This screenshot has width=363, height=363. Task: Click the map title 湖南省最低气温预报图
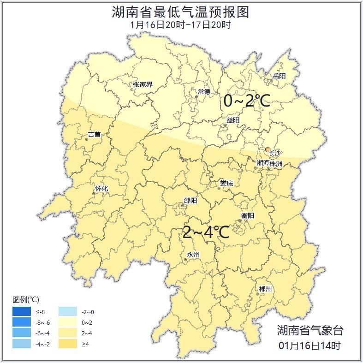(181, 12)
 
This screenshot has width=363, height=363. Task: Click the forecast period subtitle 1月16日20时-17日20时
(181, 25)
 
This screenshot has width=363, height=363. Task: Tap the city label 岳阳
(279, 76)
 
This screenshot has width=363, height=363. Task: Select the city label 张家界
(143, 84)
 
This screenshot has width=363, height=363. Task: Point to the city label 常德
(204, 91)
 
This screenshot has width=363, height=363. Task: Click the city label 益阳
(233, 120)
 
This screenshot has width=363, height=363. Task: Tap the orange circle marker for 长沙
(268, 149)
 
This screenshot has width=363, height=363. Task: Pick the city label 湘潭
(263, 163)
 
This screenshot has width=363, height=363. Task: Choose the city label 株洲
(276, 163)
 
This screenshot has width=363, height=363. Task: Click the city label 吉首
(94, 135)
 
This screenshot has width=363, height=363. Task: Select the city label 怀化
(101, 189)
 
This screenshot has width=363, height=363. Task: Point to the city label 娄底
(226, 183)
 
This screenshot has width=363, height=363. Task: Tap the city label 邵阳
(190, 200)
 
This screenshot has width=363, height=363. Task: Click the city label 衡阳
(248, 215)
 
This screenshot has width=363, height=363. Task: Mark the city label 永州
(193, 255)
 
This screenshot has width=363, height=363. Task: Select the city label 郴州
(265, 289)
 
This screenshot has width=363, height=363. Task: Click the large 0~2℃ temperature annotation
(246, 100)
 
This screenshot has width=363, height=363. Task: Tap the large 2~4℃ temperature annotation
(206, 232)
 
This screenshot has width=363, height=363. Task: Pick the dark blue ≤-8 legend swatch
(22, 312)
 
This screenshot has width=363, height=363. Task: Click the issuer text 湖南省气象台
(310, 330)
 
